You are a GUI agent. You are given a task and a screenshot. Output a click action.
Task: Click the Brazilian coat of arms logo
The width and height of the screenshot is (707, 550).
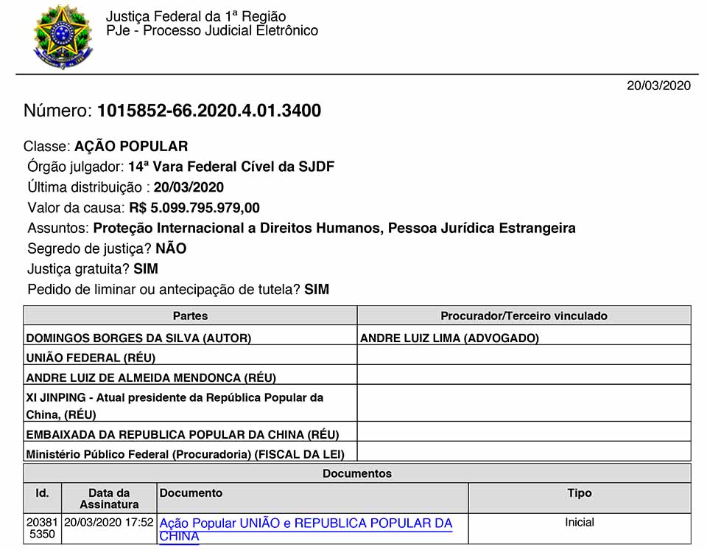(62, 36)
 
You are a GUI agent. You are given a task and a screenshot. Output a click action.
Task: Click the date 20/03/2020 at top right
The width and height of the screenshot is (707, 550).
(658, 86)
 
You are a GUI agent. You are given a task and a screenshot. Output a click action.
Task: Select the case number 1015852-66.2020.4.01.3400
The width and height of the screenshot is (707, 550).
(208, 111)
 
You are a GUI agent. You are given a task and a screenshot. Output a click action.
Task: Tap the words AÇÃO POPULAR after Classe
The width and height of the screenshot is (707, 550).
(131, 146)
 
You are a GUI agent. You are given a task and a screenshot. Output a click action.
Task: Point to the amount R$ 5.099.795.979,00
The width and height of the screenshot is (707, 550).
(194, 208)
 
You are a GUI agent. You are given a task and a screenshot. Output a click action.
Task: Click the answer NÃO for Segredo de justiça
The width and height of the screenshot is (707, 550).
(171, 248)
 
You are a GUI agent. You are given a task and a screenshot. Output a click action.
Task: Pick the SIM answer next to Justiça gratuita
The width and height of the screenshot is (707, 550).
(146, 269)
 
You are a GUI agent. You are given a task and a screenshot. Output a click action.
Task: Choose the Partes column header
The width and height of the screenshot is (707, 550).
(190, 316)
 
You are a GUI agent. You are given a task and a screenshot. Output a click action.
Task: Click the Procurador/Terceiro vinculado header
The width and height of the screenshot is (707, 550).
(524, 316)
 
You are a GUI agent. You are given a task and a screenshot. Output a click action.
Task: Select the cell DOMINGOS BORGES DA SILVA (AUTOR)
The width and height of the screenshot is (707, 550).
(138, 338)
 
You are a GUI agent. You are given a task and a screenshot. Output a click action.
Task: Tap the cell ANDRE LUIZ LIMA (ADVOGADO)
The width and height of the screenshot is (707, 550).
(449, 338)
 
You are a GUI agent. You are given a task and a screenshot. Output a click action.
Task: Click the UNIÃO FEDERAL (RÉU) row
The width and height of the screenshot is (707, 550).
(91, 358)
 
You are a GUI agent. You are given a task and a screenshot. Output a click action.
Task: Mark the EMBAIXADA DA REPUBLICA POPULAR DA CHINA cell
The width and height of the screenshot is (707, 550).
(182, 434)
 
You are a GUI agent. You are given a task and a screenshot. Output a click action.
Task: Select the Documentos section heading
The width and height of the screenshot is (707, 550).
(357, 473)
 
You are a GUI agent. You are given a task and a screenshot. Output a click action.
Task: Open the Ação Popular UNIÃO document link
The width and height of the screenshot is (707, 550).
(306, 523)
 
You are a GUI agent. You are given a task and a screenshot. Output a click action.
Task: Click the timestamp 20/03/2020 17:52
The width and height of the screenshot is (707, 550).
(109, 522)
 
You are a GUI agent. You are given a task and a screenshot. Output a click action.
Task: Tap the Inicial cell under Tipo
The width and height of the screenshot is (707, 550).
(580, 522)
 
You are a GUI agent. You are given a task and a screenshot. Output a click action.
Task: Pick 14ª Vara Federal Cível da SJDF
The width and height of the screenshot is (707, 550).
(231, 167)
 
